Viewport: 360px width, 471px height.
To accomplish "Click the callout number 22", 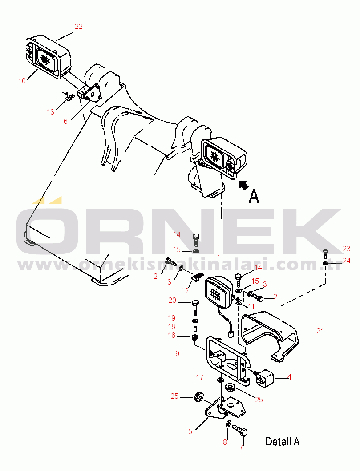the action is (79, 27).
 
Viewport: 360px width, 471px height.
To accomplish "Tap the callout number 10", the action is (22, 81).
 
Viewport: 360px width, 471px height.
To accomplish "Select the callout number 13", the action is (50, 112).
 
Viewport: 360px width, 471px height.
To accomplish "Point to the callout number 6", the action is (65, 121).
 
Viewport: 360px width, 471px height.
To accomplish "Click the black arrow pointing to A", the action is (244, 185).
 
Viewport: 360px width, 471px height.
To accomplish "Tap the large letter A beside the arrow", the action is (254, 197).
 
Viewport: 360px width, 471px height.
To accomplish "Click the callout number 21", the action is (320, 331).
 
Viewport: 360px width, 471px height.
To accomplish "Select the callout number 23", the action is (347, 249).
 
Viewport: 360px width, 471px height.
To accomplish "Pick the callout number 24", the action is (347, 261).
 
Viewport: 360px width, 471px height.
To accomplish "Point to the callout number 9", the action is (177, 353).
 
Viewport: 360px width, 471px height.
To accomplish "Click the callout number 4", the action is (289, 377).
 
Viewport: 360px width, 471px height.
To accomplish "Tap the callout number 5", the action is (190, 431).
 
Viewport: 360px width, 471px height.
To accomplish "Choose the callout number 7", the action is (241, 448).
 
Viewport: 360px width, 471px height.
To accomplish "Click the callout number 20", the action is (172, 301).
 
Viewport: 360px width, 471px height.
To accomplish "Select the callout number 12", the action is (185, 291).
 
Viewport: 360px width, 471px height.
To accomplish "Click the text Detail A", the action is (283, 442).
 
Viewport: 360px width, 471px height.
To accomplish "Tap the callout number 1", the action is (219, 258).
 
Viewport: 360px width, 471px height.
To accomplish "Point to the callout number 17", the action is (199, 377).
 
